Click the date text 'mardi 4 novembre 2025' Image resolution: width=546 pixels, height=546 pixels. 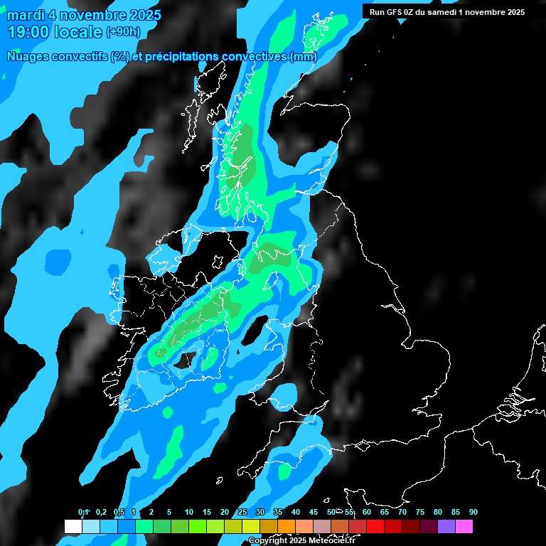[x=84, y=14]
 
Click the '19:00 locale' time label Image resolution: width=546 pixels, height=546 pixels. [x=55, y=31]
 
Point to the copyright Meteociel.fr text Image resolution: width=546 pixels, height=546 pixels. [x=301, y=540]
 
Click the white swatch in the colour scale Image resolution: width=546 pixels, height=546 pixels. [x=73, y=526]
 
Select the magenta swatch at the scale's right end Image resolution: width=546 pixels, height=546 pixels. [x=464, y=526]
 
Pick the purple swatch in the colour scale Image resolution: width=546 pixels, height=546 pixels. [x=446, y=526]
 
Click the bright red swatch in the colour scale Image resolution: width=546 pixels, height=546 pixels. [x=375, y=526]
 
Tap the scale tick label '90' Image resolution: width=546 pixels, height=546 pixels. [x=473, y=513]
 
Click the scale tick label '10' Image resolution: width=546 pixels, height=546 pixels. [x=188, y=513]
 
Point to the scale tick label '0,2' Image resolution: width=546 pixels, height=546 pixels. [x=101, y=513]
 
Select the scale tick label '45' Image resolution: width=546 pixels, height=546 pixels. [x=314, y=513]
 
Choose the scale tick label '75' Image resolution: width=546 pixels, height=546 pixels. [x=420, y=513]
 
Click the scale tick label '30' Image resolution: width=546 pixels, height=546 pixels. [x=260, y=513]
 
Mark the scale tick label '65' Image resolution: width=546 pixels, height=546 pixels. [x=385, y=513]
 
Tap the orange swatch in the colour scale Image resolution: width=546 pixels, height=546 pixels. [x=286, y=526]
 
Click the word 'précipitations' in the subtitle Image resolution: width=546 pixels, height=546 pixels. [x=181, y=57]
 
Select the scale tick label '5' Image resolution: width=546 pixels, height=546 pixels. [x=169, y=513]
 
